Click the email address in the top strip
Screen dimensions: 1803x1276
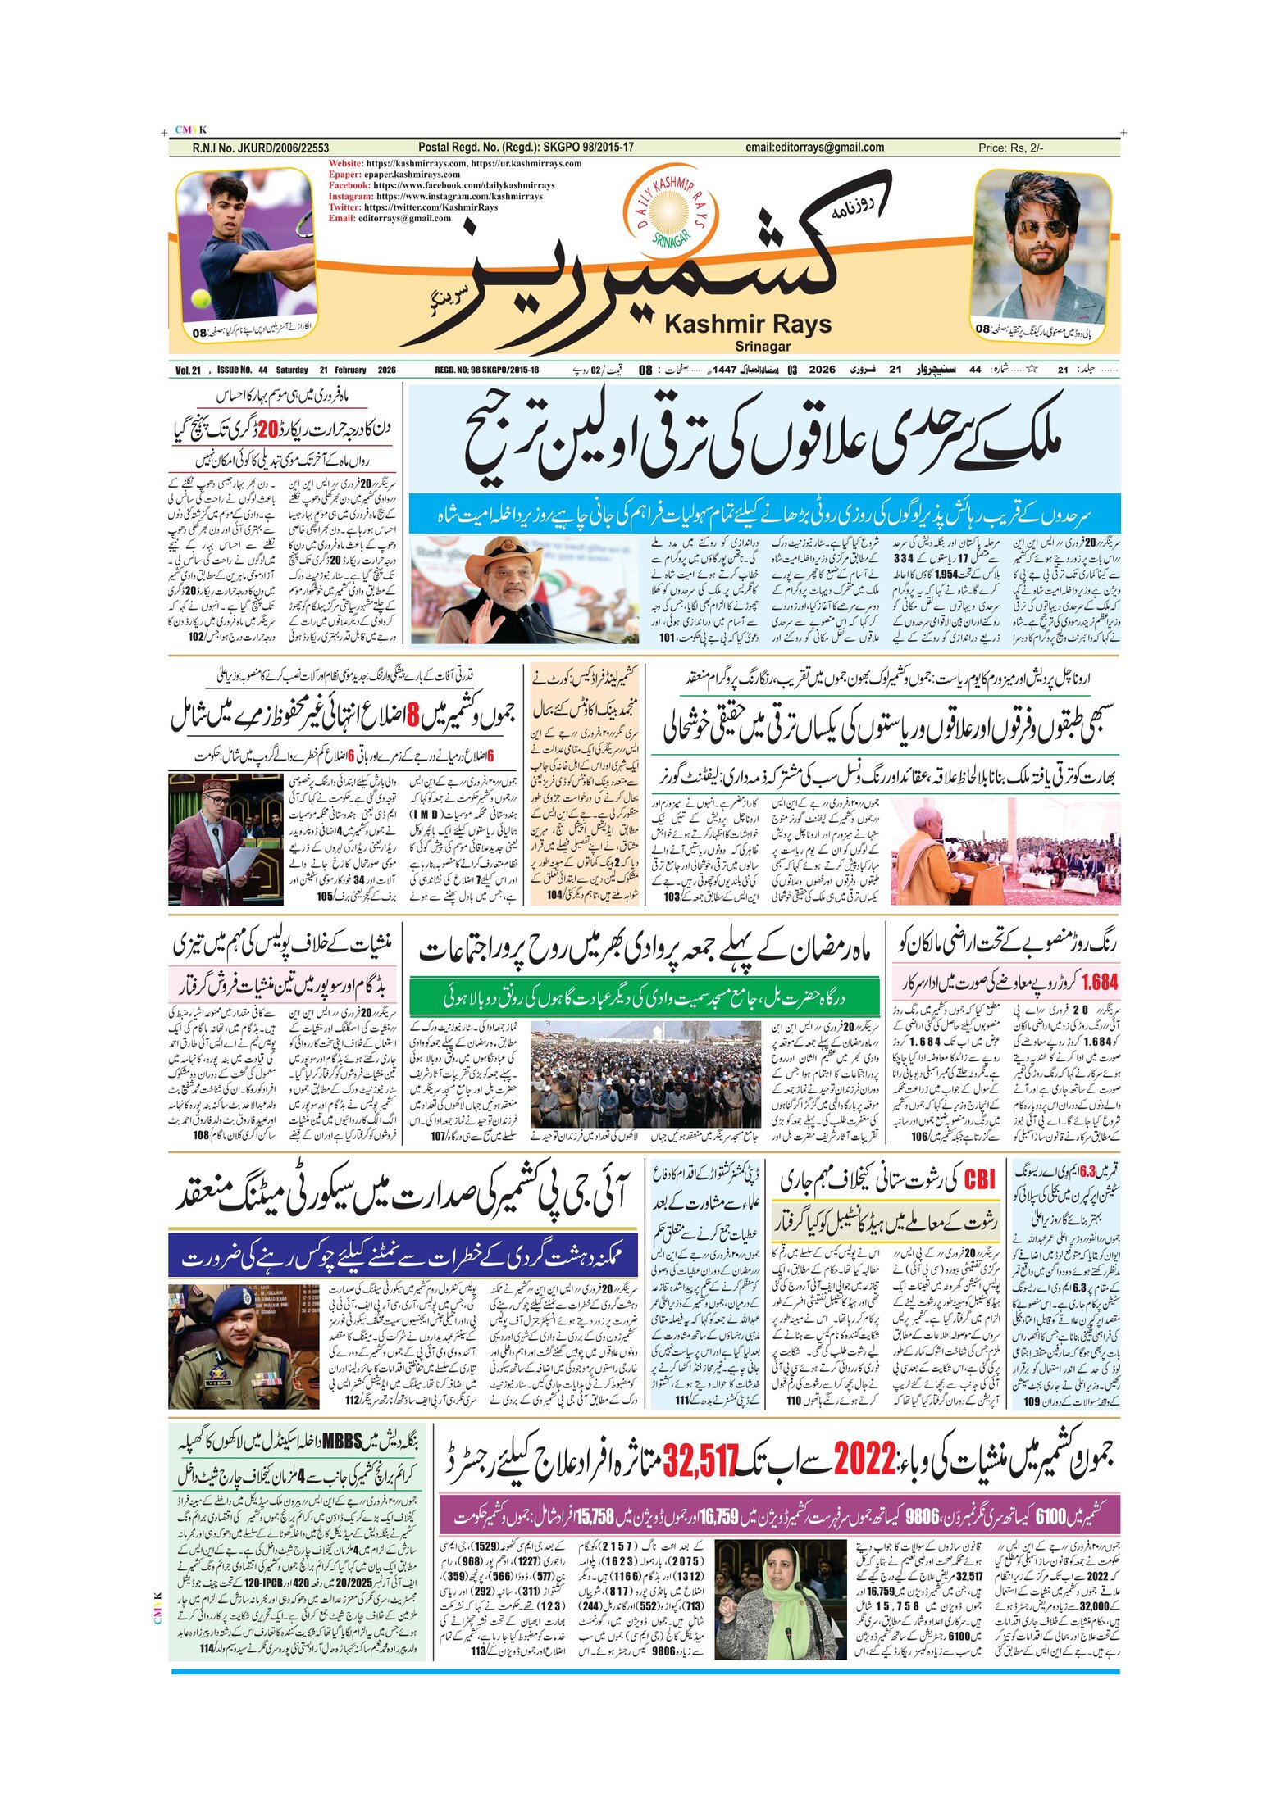814,148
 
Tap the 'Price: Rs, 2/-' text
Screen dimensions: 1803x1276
1010,148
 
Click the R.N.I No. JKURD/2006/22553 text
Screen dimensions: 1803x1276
261,148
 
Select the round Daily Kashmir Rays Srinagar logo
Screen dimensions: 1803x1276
670,210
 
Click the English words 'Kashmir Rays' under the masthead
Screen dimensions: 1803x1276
747,325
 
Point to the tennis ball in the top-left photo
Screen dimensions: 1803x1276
201,298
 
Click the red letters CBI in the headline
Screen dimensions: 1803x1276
979,1180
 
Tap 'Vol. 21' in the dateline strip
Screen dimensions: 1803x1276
188,370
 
